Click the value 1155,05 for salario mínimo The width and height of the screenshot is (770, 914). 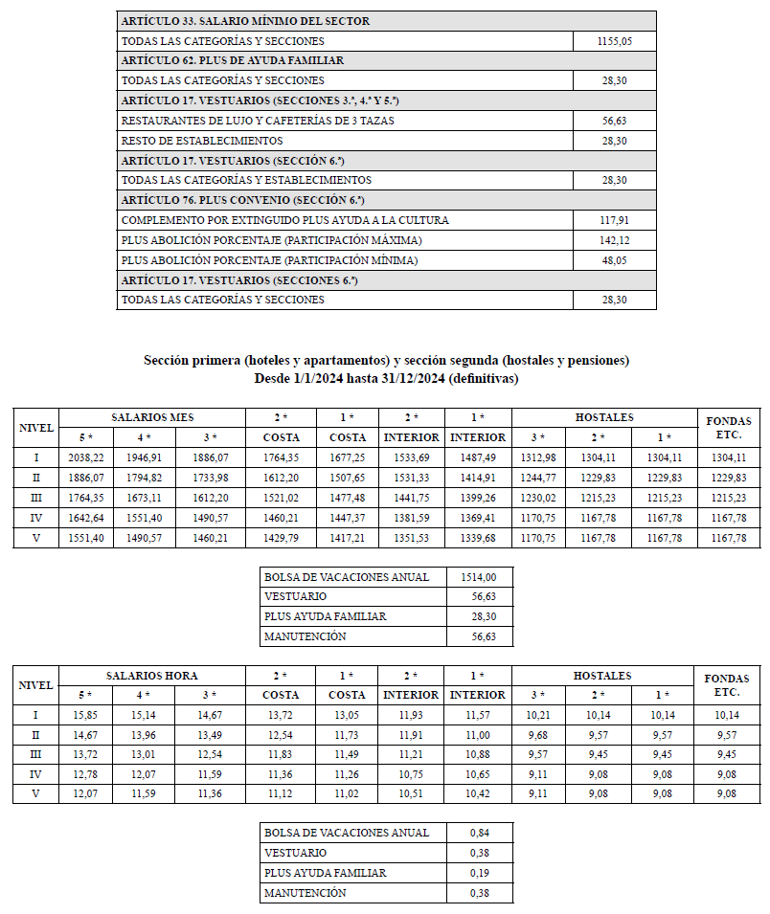(x=615, y=41)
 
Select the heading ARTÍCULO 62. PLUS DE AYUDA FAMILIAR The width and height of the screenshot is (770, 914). (x=233, y=60)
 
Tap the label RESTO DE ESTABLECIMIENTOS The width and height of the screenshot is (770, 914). (x=202, y=141)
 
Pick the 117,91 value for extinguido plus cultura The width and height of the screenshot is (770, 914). (x=615, y=220)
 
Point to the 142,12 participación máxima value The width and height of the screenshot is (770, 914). (x=615, y=240)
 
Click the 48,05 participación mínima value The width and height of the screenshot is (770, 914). (x=615, y=260)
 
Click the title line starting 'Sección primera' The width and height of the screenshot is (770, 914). (x=386, y=361)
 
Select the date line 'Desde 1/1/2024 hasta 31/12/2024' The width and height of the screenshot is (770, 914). (x=386, y=379)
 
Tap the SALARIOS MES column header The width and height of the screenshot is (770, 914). (x=152, y=418)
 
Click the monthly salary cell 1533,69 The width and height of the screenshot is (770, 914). (x=411, y=457)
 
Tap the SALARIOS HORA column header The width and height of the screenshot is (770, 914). (x=152, y=676)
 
